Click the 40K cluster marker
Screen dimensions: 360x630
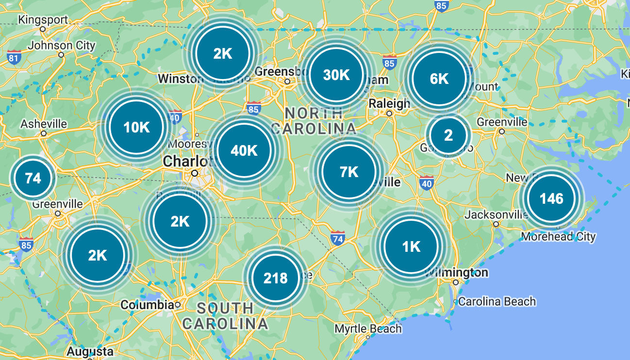(244, 150)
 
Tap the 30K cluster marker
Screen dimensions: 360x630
(336, 75)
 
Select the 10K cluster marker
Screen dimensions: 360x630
(136, 127)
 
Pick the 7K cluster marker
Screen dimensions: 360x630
(349, 172)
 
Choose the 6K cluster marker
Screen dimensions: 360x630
(439, 79)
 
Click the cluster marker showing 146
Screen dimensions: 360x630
(551, 198)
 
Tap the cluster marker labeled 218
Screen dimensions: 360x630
(275, 278)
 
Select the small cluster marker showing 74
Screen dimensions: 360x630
(33, 178)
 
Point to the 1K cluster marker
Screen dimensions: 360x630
(411, 247)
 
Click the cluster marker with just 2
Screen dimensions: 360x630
(448, 135)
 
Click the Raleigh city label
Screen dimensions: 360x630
(389, 103)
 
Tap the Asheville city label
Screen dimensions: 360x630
(44, 124)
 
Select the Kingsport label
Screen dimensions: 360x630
(43, 20)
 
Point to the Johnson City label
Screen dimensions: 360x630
(62, 46)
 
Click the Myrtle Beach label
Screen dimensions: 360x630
(368, 329)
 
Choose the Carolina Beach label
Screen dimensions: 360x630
(497, 301)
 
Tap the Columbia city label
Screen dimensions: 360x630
(147, 305)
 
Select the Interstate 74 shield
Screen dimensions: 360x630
(338, 238)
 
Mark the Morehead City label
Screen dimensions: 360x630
(558, 237)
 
